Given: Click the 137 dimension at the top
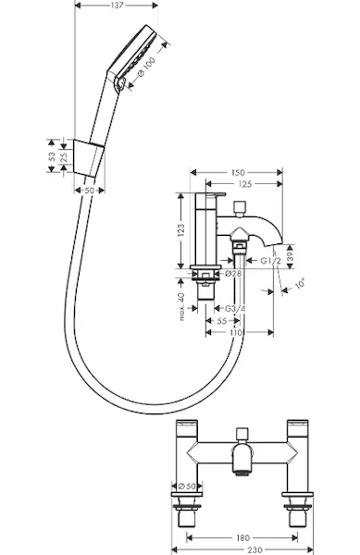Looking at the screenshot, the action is tap(117, 5).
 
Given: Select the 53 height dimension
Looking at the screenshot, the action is tap(52, 156).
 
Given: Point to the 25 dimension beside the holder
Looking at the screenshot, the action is tap(64, 157).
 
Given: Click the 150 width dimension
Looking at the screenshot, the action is tap(238, 173).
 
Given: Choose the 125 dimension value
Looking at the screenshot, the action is tap(245, 184).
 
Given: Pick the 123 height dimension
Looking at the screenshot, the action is tap(180, 230).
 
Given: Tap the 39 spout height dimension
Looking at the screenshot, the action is tap(290, 253).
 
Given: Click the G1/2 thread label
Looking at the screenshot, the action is tap(271, 261).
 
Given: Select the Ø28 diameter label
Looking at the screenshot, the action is tap(233, 273).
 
